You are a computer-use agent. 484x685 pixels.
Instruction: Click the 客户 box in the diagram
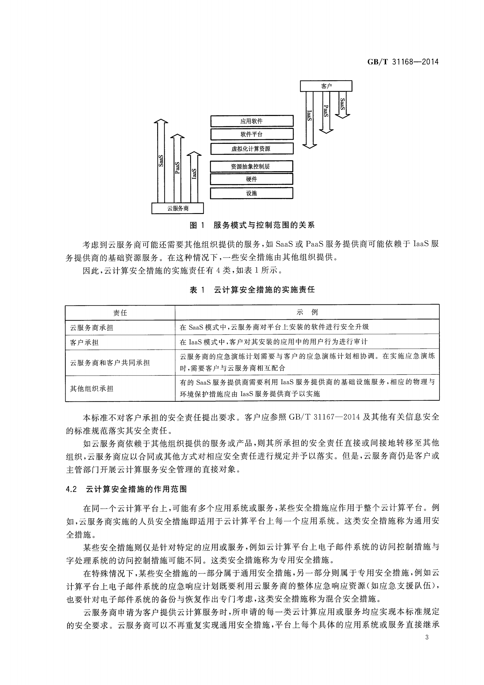point(326,86)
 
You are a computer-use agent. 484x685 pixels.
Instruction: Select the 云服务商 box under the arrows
point(178,208)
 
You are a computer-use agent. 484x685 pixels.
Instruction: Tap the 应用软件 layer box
point(251,121)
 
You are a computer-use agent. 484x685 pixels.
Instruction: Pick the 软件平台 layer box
point(251,134)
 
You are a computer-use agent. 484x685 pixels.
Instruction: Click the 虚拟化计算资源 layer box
point(251,149)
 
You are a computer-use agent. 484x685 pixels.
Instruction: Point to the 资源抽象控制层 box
point(251,166)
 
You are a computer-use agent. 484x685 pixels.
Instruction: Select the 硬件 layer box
point(251,179)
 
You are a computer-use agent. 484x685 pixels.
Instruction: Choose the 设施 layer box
point(251,193)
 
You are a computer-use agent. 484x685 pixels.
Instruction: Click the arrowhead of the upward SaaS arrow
point(161,121)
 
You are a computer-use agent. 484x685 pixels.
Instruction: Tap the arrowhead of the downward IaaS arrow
point(309,145)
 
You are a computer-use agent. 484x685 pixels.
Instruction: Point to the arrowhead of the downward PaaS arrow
point(326,131)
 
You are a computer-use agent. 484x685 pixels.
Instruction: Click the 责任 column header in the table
point(120,313)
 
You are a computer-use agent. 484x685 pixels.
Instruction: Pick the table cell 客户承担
point(84,342)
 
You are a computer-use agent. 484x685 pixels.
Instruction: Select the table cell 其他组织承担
point(92,389)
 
